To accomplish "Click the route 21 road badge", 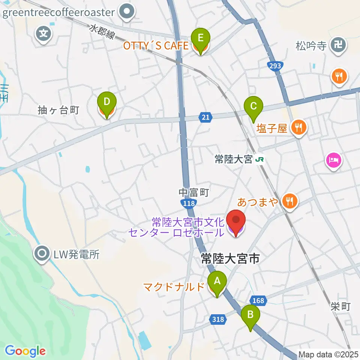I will click(205, 118).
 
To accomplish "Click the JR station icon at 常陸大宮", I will click(259, 160).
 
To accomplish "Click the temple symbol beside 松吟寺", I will click(339, 46).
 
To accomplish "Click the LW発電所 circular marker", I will click(42, 255).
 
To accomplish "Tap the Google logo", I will click(25, 351).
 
